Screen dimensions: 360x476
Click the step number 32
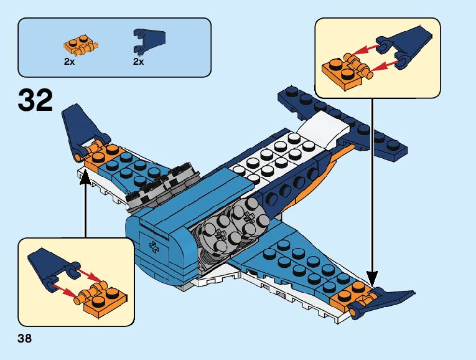tap(35, 100)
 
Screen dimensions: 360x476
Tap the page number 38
tap(25, 339)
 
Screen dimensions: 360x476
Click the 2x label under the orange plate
tap(69, 62)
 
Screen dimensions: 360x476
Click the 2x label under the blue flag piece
tap(138, 62)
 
